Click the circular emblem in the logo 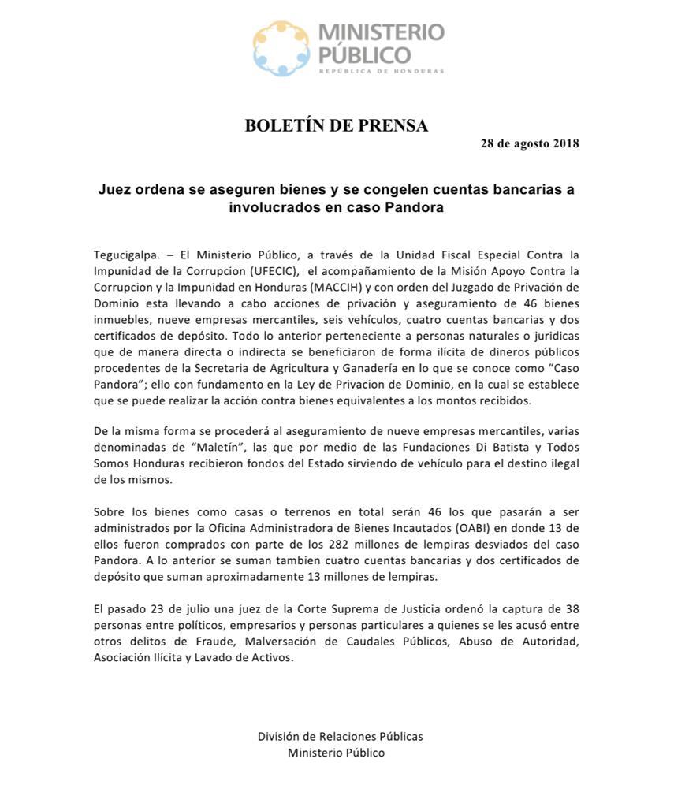281,49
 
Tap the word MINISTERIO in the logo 381,34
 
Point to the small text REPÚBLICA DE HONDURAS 381,71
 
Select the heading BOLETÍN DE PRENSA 337,125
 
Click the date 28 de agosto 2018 530,143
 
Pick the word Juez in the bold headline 116,190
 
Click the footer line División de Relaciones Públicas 340,736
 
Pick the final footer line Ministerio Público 337,753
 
